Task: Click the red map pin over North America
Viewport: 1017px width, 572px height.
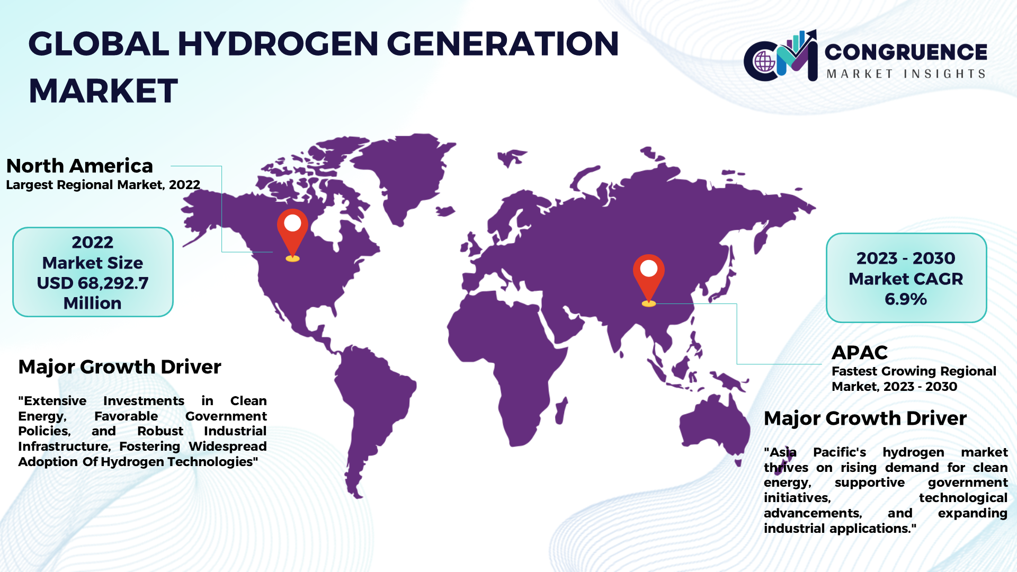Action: point(292,230)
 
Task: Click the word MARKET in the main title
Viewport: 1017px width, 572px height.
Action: point(103,91)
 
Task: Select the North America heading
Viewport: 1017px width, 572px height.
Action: point(79,166)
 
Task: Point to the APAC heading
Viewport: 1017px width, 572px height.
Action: point(860,352)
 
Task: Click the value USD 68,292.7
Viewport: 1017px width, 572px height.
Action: point(93,283)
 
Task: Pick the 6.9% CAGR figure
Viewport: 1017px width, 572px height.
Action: point(906,299)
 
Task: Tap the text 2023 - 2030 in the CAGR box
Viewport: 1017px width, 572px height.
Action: point(906,258)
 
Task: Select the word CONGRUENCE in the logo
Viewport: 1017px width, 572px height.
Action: point(906,52)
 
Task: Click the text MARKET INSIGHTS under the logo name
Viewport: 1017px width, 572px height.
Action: point(906,74)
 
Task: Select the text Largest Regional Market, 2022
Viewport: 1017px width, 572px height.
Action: point(103,185)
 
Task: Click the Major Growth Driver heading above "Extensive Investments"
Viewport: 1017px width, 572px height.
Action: point(120,367)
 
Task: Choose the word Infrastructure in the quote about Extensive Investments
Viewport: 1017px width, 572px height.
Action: point(64,446)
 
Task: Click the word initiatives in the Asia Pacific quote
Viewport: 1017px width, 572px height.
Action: point(797,498)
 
